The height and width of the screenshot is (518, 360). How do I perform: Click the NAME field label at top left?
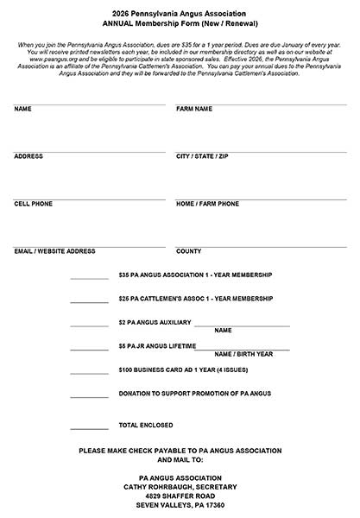[x=23, y=110]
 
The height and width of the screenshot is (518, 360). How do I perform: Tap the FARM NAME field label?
[x=194, y=110]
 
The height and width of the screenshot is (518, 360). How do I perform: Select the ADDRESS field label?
[x=28, y=156]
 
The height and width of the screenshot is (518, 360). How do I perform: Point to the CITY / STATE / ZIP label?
[x=202, y=156]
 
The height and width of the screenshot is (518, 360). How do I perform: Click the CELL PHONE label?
[x=34, y=204]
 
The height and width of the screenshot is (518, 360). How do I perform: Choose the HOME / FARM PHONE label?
[x=207, y=204]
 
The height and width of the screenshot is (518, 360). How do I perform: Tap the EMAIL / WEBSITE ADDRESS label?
[x=54, y=251]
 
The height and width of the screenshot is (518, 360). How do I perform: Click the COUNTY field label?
[x=189, y=251]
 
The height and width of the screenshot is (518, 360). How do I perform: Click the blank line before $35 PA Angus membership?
[x=89, y=278]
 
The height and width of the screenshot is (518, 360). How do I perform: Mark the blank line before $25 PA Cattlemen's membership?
[x=89, y=301]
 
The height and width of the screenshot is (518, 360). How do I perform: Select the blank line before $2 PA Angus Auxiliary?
[x=89, y=325]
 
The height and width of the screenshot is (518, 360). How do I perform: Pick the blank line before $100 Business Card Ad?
[x=89, y=373]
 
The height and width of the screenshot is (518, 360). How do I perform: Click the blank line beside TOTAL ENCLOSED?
[x=89, y=427]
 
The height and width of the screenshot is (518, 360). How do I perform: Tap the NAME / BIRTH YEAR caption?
[x=243, y=354]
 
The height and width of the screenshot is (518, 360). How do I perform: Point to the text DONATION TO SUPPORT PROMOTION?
[x=195, y=394]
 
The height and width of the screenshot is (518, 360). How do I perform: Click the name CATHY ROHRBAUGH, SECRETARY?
[x=179, y=486]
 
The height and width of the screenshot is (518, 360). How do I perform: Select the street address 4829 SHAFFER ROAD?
[x=180, y=496]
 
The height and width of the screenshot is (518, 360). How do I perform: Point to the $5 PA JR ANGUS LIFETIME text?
[x=156, y=346]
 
